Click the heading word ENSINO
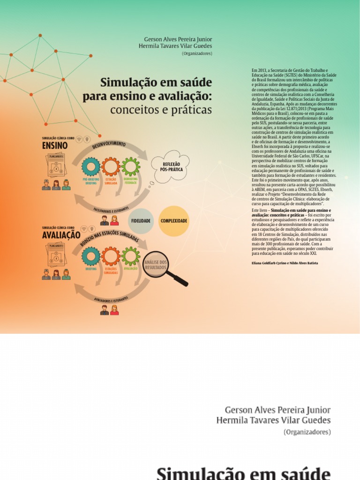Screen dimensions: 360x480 [55, 146]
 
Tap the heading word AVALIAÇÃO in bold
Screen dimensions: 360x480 [61, 235]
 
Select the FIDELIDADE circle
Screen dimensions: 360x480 [141, 221]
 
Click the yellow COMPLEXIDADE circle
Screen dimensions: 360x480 [174, 221]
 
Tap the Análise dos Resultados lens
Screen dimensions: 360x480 [155, 265]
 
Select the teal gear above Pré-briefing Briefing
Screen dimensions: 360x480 [90, 166]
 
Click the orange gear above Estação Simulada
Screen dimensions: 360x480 [111, 166]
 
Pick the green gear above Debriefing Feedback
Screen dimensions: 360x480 [130, 166]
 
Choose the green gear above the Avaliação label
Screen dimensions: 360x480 [130, 256]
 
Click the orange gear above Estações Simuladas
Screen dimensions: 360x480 [111, 256]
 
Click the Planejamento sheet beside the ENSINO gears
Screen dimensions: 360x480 [57, 165]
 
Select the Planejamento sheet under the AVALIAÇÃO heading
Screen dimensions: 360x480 [57, 255]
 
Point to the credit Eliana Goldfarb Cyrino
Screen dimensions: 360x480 [267, 263]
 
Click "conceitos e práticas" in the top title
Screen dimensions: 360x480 [161, 110]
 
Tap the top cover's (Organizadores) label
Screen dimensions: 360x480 [196, 53]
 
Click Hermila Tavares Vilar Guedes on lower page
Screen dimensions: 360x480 [273, 420]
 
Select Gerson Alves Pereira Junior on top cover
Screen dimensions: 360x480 [178, 38]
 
